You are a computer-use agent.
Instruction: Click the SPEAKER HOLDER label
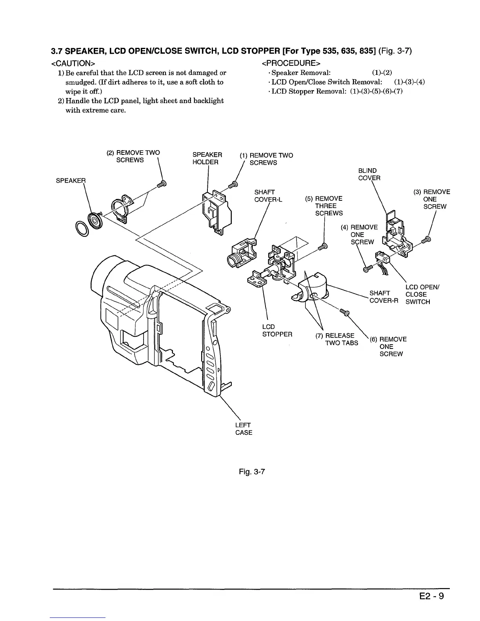tap(207, 158)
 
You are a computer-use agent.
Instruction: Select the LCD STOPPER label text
tap(277, 330)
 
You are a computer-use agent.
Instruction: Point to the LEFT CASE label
tap(244, 429)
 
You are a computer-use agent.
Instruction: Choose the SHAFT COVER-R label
tap(384, 297)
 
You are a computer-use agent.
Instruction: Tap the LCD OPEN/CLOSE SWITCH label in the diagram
tap(422, 294)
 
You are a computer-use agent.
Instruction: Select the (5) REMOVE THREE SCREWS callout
tap(329, 206)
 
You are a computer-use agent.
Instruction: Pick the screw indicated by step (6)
tap(345, 312)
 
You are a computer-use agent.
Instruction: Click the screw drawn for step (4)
tap(367, 269)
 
